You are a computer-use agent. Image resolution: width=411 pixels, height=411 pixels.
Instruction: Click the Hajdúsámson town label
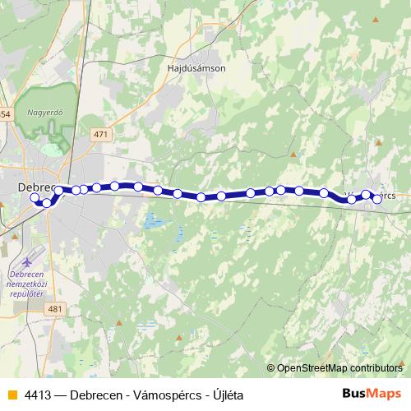196,68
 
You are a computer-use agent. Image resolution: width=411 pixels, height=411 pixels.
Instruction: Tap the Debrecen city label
35,187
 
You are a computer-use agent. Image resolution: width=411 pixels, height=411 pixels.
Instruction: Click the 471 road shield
101,135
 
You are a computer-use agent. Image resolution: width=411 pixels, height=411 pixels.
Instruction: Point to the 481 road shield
56,308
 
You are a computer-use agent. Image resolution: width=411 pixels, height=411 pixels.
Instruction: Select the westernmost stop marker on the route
35,197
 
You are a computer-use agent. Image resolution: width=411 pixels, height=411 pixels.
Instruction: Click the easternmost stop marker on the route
377,198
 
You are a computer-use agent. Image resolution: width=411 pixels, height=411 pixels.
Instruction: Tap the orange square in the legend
12,395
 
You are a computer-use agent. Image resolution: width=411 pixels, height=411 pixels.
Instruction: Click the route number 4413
38,395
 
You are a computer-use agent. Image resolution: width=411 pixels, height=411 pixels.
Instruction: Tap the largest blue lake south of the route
151,221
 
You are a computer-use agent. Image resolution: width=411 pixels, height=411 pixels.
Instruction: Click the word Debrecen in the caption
98,395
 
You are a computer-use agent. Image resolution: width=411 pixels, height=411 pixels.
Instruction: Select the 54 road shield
4,113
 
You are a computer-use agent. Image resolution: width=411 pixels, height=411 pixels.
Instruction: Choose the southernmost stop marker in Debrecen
47,202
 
